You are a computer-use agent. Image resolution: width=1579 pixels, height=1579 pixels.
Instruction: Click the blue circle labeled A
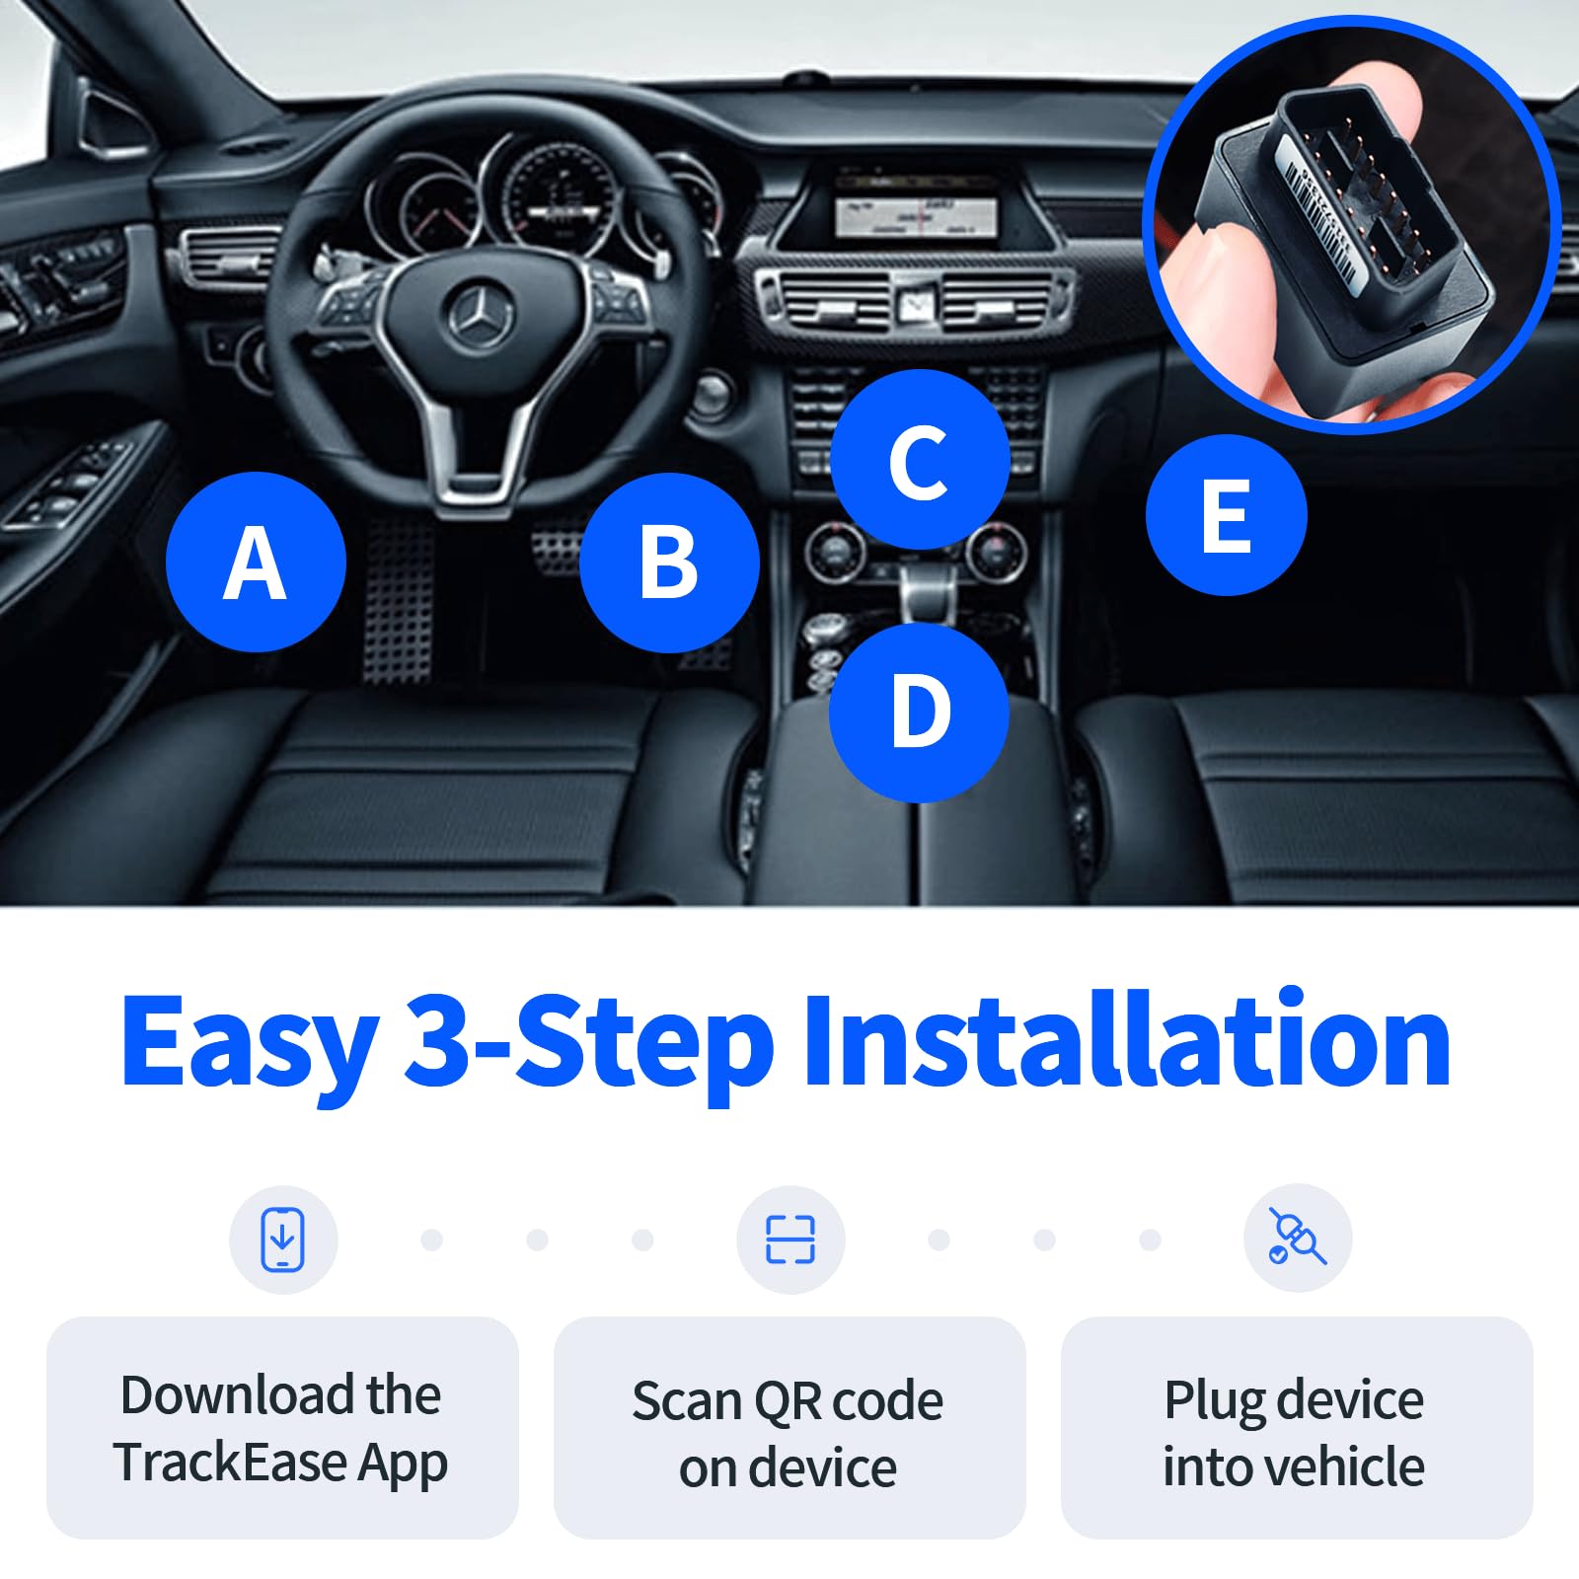point(256,562)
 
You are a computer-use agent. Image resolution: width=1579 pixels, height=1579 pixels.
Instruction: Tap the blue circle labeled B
point(669,562)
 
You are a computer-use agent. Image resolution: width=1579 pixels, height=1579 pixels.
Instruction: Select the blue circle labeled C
point(919,460)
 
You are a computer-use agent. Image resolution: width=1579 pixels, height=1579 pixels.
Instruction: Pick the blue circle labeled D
point(919,712)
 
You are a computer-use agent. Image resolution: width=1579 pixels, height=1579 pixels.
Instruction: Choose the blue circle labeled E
point(1226,514)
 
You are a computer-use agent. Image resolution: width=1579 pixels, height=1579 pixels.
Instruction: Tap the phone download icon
point(283,1239)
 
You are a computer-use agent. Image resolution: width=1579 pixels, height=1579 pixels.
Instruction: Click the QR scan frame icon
point(790,1240)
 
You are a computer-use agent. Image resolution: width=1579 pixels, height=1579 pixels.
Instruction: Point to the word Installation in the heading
point(1126,1041)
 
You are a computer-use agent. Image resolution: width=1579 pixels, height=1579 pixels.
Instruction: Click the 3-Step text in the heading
point(589,1041)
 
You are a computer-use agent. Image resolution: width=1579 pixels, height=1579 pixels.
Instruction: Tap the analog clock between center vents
point(915,303)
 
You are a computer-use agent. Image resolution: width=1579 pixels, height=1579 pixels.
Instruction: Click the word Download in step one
point(237,1394)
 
